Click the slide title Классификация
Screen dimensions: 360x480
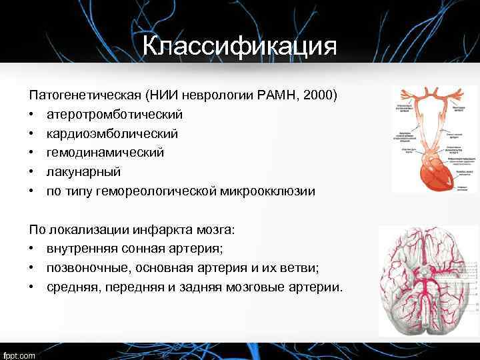239,46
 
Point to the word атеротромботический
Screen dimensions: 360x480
114,115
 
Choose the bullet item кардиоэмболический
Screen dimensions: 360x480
111,134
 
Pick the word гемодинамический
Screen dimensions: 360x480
105,153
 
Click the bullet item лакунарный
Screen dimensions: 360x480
83,172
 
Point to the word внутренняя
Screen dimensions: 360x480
79,249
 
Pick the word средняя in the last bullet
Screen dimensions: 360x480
71,287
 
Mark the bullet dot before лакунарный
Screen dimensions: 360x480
32,172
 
